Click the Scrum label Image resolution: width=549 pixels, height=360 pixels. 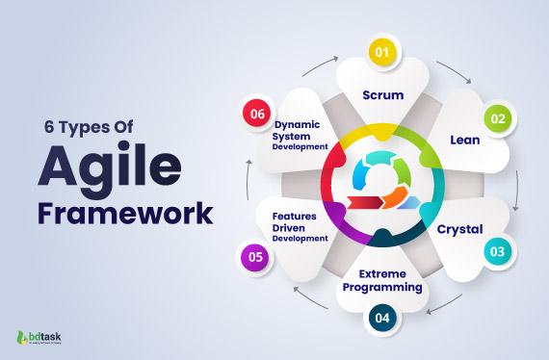382,94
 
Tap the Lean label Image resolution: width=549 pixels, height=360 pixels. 465,140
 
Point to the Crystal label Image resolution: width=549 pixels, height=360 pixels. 460,229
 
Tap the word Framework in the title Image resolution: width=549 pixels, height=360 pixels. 124,213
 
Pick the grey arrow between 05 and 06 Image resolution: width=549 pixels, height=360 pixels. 249,187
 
